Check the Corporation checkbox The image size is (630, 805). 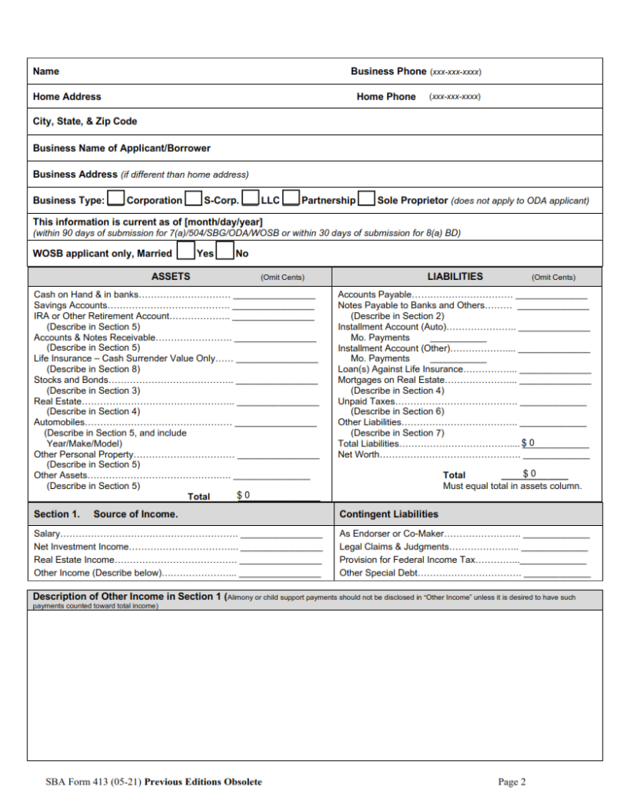point(116,200)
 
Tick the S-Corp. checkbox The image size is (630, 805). point(193,200)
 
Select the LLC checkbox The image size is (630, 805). point(251,200)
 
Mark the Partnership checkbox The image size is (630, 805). point(291,200)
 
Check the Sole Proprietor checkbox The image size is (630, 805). point(366,200)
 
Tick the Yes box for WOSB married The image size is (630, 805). point(186,253)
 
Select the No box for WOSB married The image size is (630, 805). point(225,253)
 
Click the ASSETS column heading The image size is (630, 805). point(171,277)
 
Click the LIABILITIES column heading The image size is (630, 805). point(455,277)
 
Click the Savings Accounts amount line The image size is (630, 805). point(273,306)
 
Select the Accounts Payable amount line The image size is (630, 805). point(551,296)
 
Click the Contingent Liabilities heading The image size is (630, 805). point(389,514)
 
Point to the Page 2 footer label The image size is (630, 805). point(512,781)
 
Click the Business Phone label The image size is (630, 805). point(388,72)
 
